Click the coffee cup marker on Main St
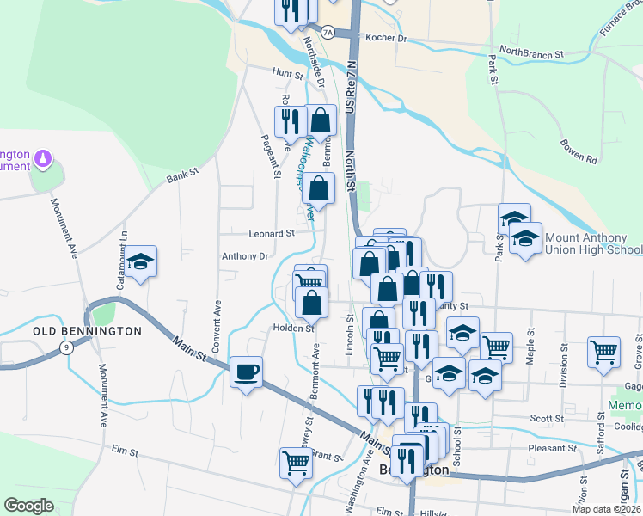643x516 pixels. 247,372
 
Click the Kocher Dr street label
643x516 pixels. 385,39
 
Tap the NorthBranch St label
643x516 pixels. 531,53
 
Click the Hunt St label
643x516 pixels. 283,73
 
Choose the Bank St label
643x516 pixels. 182,175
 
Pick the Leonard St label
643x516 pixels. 271,233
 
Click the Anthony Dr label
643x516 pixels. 245,256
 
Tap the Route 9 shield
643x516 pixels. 65,347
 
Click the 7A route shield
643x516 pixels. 327,33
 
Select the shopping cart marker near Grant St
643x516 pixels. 296,462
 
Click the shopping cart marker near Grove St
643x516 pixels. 603,351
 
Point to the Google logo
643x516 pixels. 29,506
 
